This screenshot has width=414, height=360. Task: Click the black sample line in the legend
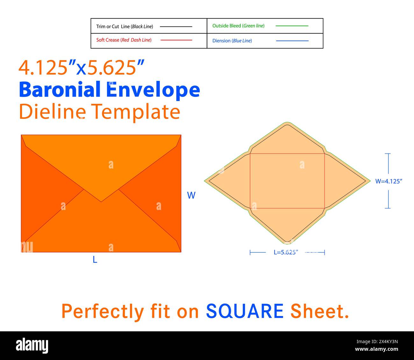176,26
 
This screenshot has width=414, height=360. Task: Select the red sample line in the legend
176,40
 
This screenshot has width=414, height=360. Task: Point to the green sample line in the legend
292,26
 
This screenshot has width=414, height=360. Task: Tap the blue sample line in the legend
292,41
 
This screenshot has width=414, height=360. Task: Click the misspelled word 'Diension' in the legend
221,41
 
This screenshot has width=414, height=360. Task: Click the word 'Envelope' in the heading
153,91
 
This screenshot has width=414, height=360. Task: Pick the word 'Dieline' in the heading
52,111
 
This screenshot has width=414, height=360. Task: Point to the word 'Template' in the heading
136,112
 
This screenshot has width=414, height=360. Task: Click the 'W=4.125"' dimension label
389,181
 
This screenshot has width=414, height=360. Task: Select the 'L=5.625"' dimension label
286,252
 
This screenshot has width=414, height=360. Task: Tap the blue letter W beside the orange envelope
191,195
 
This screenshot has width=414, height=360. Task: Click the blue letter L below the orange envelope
95,259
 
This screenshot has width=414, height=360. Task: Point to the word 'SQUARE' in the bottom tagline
245,311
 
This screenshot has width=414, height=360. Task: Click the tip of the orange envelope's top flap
101,202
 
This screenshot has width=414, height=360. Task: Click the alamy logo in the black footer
32,345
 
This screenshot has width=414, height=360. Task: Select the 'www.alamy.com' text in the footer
376,349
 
